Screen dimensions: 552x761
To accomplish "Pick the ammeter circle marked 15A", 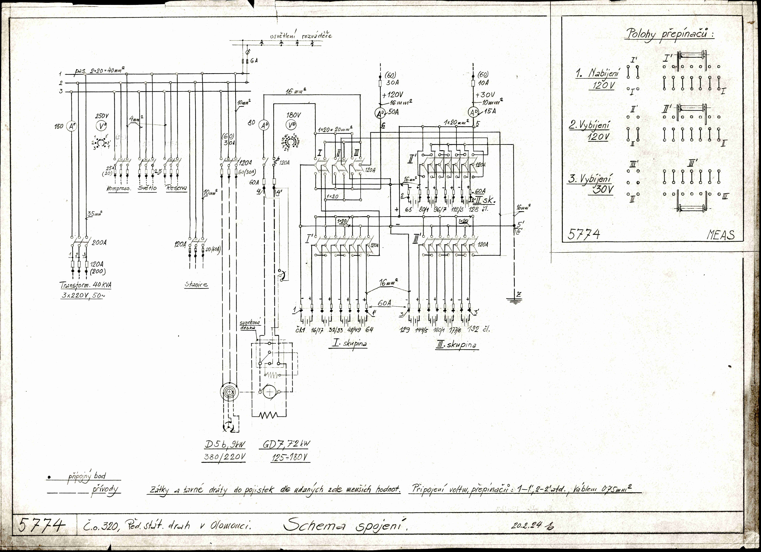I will [473, 112].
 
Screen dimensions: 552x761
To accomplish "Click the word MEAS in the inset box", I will [720, 235].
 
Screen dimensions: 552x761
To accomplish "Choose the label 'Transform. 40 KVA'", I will [86, 285].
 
